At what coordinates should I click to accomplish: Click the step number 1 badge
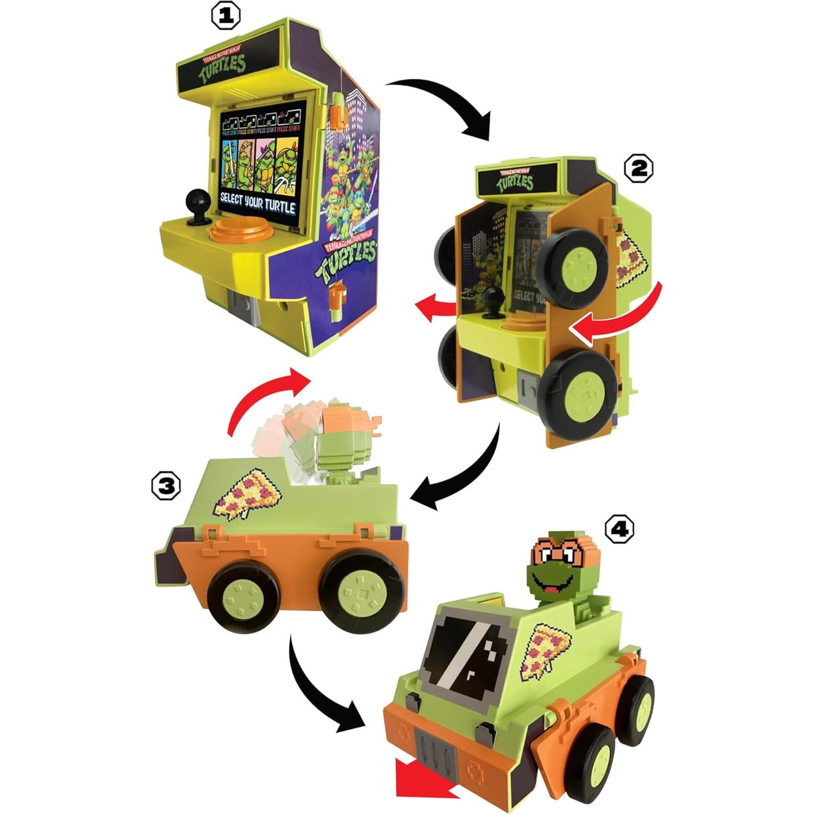point(226,17)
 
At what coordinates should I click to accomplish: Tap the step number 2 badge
point(638,168)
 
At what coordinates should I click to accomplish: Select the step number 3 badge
point(166,486)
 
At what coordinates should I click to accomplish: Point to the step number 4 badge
point(619,528)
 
